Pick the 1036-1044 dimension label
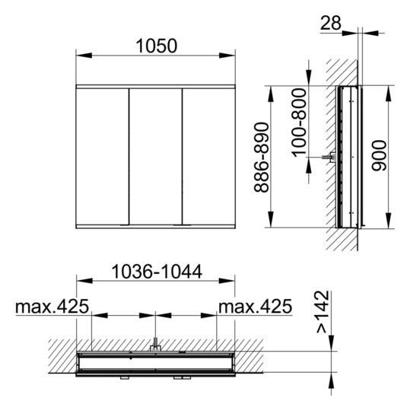pos(155,271)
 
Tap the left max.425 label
pos(52,306)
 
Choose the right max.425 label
pos(256,306)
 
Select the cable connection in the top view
pos(154,346)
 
